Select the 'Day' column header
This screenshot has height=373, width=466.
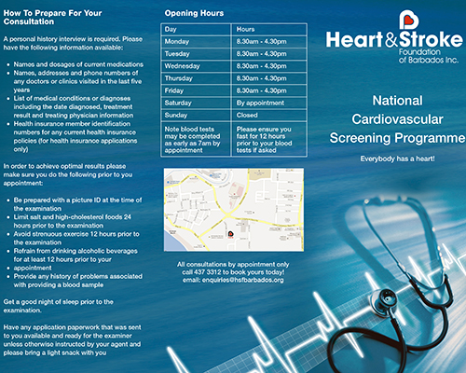click(x=171, y=30)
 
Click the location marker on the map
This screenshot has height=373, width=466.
click(x=229, y=234)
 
